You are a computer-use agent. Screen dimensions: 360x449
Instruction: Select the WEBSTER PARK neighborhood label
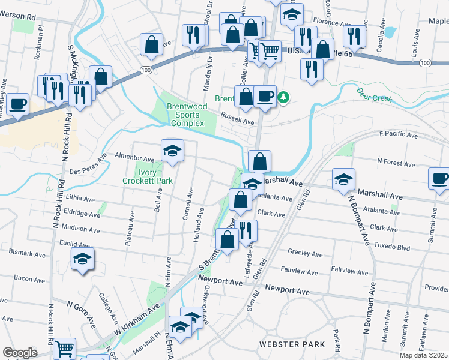pyautogui.click(x=292, y=344)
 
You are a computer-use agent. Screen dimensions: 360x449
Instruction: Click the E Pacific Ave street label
pyautogui.click(x=399, y=136)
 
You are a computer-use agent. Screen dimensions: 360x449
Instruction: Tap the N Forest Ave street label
pyautogui.click(x=396, y=162)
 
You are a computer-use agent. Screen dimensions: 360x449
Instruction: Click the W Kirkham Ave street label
pyautogui.click(x=136, y=323)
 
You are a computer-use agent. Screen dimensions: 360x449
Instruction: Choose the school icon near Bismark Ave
pyautogui.click(x=83, y=259)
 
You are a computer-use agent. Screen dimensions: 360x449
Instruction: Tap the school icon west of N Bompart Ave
pyautogui.click(x=343, y=179)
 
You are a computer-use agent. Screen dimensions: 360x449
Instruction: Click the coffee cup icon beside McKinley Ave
pyautogui.click(x=17, y=103)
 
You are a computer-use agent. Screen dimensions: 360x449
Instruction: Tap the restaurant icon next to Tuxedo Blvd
pyautogui.click(x=246, y=230)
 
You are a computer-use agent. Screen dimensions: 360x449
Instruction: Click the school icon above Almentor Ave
pyautogui.click(x=172, y=150)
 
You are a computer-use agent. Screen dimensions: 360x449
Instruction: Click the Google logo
pyautogui.click(x=20, y=353)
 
